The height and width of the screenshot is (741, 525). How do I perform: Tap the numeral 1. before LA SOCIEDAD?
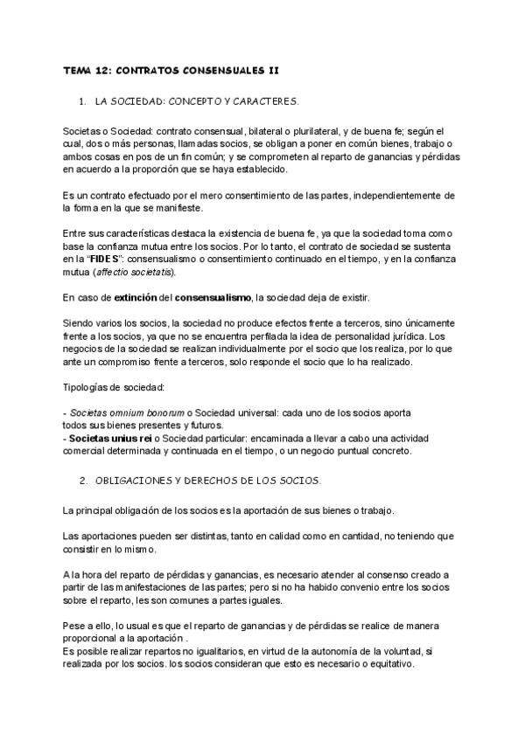tap(82, 101)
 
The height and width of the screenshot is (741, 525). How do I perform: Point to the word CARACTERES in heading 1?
tap(263, 101)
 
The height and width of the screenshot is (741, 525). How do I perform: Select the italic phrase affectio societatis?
tap(133, 273)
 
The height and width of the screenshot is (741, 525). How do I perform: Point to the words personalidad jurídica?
tap(382, 336)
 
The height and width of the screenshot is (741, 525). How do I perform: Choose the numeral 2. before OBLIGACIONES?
tap(82, 481)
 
